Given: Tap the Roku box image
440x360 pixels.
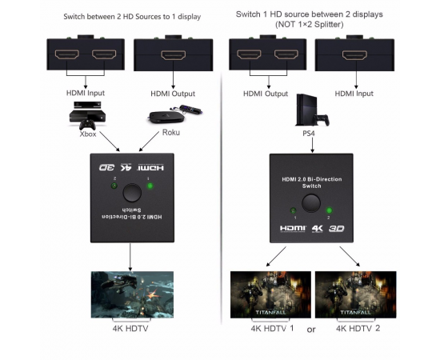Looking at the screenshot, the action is [x=174, y=114].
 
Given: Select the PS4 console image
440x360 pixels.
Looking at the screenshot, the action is [x=312, y=110].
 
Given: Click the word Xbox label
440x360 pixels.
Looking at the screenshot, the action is [x=88, y=134].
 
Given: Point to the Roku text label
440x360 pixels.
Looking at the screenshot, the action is [x=171, y=132].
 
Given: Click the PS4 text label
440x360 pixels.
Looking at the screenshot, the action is [x=309, y=134].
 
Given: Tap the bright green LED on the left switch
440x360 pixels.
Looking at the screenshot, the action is [x=150, y=186].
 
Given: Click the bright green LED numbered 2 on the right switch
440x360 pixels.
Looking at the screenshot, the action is [x=329, y=210].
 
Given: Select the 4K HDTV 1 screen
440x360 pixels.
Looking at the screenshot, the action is [x=270, y=294].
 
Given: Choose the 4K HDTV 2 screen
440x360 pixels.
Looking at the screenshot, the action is [x=355, y=294].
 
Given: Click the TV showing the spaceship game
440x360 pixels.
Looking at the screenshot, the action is [x=132, y=294].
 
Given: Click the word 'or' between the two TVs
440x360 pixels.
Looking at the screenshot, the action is [x=311, y=330].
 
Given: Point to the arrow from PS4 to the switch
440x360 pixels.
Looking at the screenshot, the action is [x=312, y=146].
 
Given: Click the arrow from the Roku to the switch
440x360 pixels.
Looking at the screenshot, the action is [x=149, y=142].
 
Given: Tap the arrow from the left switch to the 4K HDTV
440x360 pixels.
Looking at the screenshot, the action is [x=130, y=257].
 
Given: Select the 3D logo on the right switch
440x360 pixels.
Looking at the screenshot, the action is [x=337, y=229].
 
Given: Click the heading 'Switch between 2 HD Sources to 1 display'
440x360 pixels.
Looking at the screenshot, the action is [x=132, y=17].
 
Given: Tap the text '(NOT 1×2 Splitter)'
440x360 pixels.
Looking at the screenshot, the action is [x=310, y=25].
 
